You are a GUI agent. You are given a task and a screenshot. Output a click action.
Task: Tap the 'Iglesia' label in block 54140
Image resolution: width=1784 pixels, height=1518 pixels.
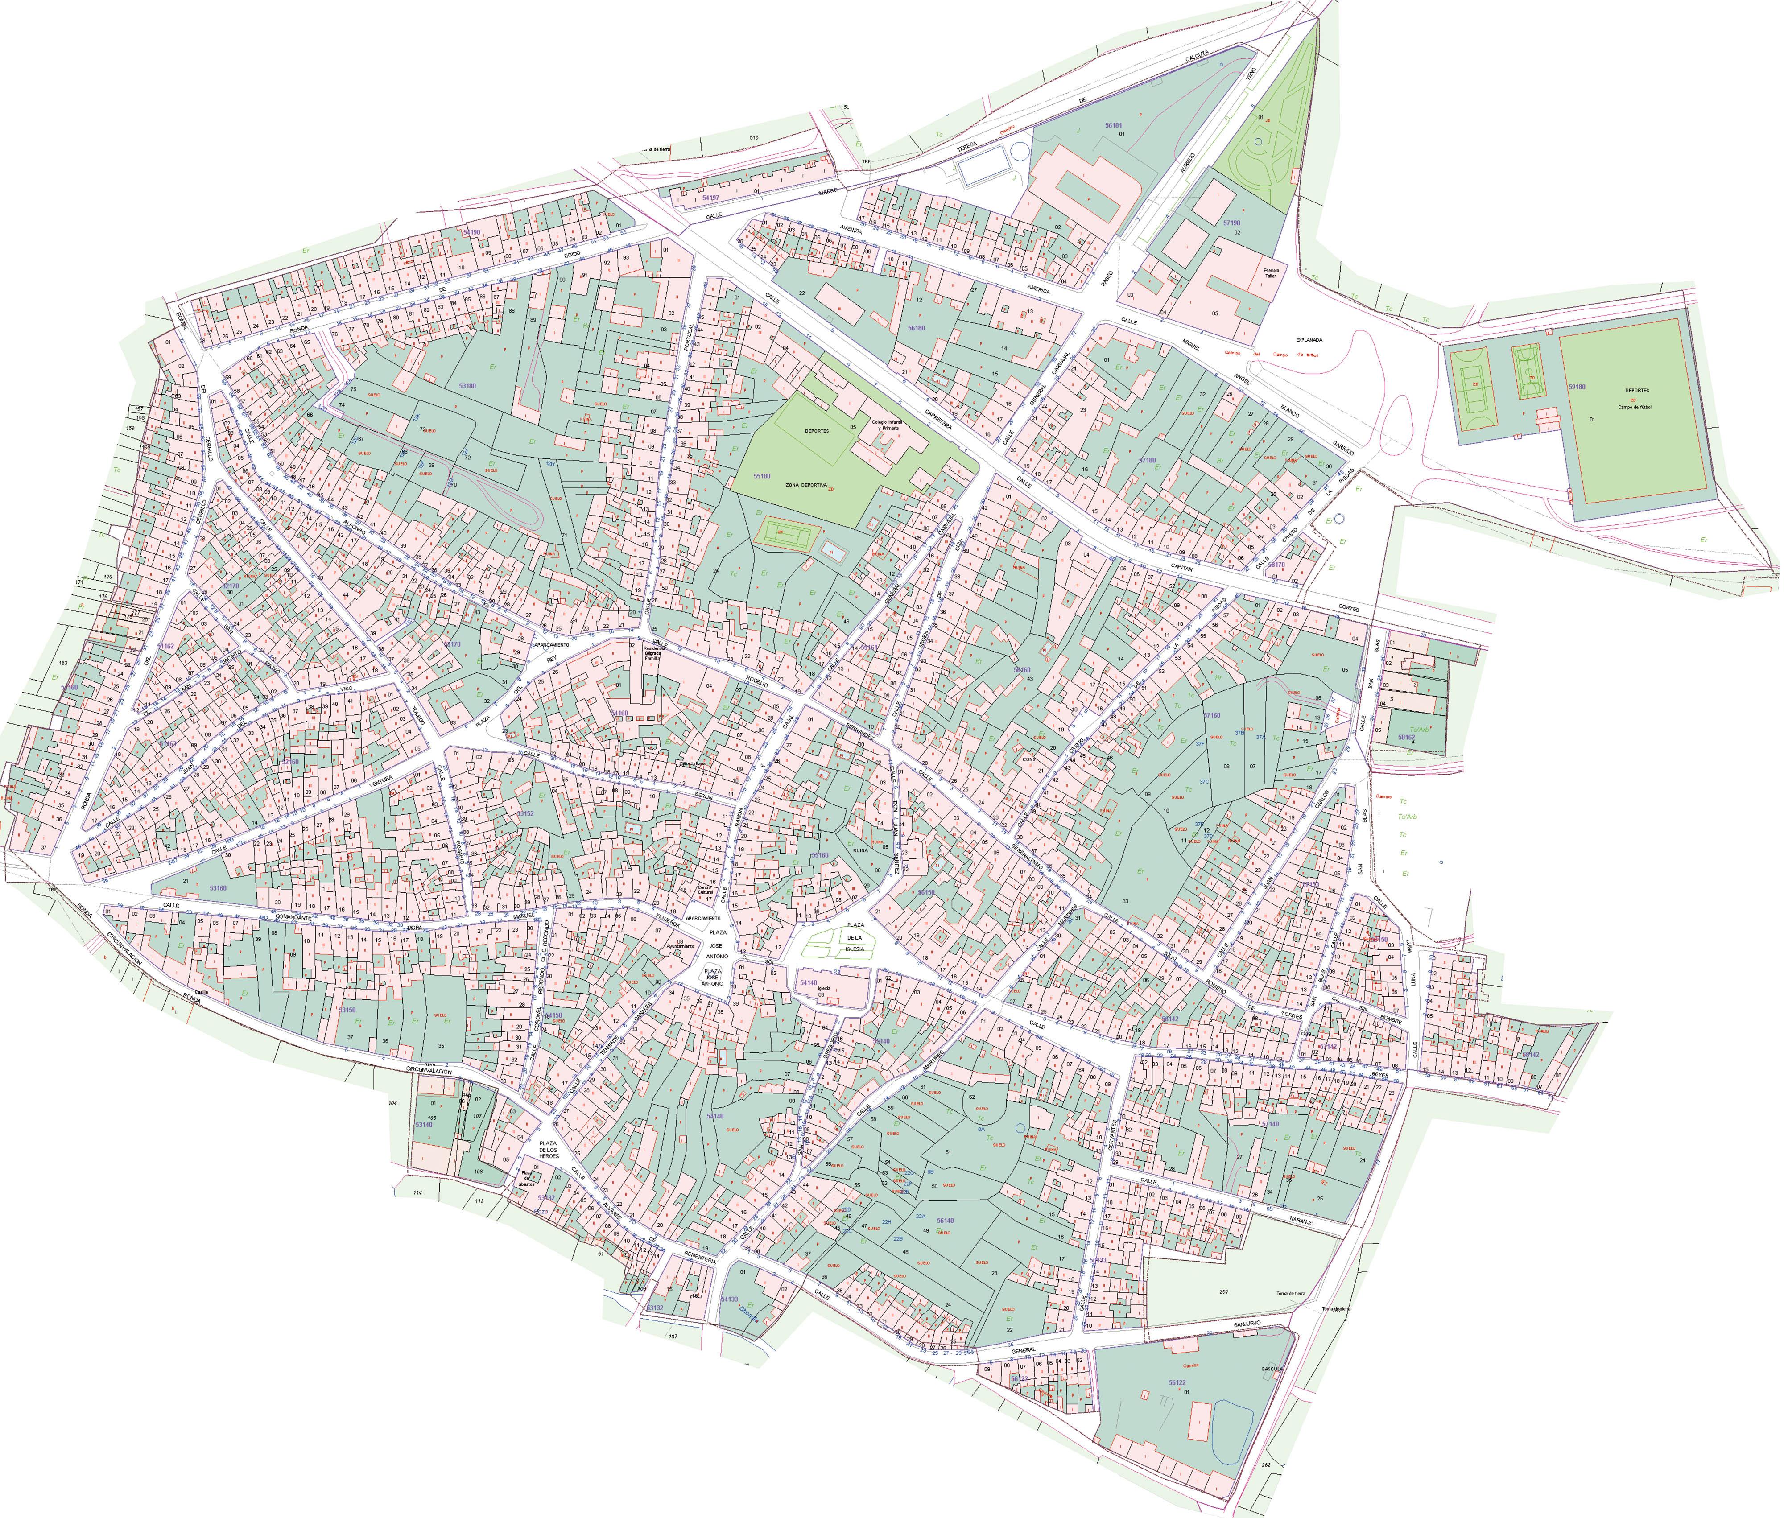824,988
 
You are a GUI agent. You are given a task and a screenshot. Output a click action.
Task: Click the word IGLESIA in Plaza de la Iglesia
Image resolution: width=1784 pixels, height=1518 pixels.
854,949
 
